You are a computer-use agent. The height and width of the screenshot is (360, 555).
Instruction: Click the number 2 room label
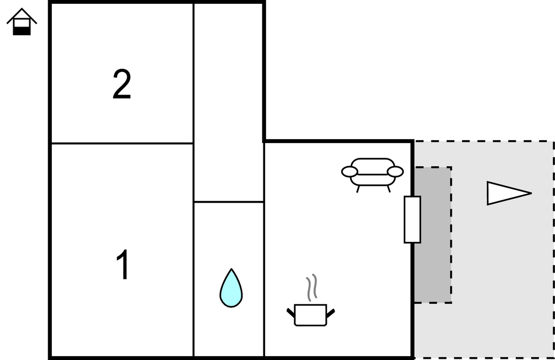coord(122,84)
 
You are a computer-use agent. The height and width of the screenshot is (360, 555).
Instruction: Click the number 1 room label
coord(123,265)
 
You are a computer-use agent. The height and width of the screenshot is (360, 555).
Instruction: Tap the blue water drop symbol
coord(231,288)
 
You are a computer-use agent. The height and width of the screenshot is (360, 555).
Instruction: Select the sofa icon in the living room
coord(373,173)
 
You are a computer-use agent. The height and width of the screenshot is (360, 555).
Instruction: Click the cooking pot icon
coord(310,315)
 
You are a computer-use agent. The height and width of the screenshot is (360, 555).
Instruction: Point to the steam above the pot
coord(313,286)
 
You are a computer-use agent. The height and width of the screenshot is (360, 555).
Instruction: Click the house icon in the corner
coord(22,22)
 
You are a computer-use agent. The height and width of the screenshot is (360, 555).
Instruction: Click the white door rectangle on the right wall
coord(412,219)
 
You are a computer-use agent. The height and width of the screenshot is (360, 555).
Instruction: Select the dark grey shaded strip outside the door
coord(434,265)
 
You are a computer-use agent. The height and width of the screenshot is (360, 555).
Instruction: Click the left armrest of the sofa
coord(350,172)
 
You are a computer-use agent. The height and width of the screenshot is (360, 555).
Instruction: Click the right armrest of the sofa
coord(395,172)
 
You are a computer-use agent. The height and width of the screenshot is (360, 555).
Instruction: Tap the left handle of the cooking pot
coord(291,313)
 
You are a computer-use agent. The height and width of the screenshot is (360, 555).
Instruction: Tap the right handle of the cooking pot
coord(330,313)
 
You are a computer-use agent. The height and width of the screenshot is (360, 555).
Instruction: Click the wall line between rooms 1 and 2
coord(121,144)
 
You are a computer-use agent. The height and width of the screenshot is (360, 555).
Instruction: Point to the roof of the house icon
coord(22,15)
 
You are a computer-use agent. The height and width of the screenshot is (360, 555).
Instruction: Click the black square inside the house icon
coord(22,30)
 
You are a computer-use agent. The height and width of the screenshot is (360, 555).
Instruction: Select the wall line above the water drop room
coord(229,202)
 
